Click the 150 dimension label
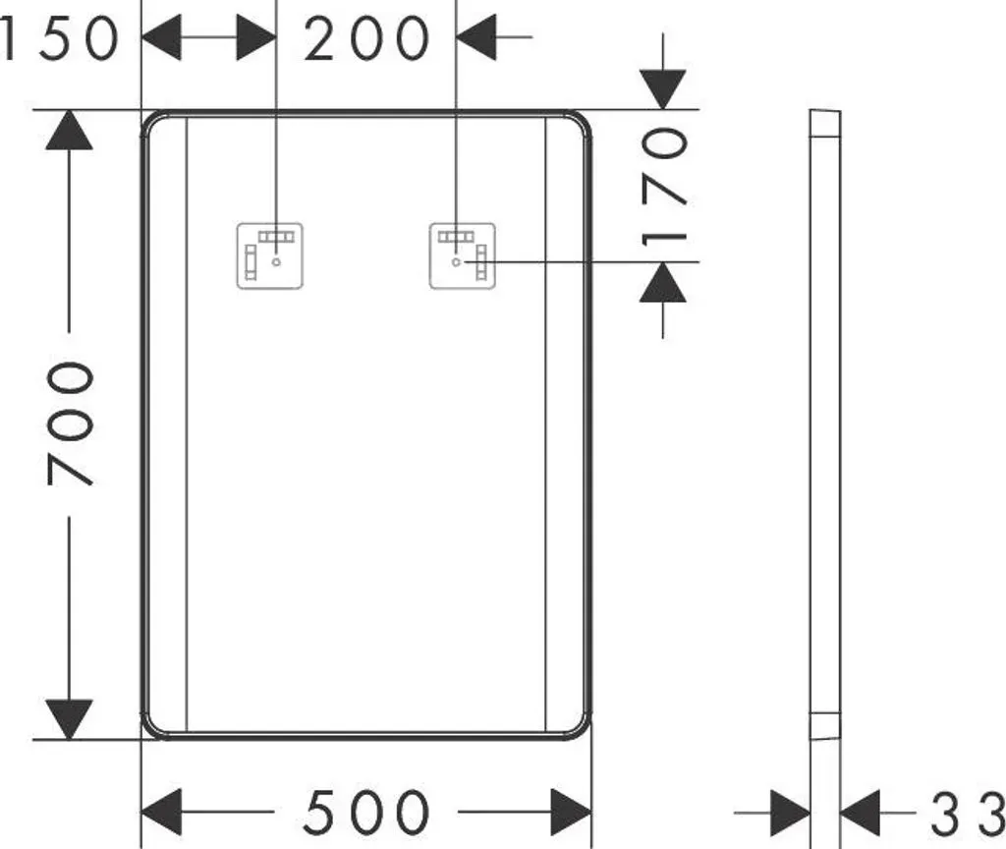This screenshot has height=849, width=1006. click(x=60, y=39)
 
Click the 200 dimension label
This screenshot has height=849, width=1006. click(x=366, y=39)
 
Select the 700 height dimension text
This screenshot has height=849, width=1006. click(x=71, y=424)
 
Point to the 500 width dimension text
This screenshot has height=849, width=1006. click(x=366, y=813)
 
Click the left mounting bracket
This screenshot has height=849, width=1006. click(x=270, y=256)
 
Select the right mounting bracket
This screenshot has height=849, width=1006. click(x=463, y=256)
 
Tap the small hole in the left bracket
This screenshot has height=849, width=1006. click(x=276, y=261)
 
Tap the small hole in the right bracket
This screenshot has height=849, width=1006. click(x=456, y=261)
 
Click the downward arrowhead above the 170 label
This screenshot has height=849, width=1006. click(x=663, y=89)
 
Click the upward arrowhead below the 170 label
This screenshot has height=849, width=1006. click(x=663, y=282)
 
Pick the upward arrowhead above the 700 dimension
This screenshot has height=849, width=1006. click(x=70, y=131)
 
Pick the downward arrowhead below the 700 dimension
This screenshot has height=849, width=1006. click(x=70, y=719)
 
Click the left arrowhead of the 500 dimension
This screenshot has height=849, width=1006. click(x=161, y=813)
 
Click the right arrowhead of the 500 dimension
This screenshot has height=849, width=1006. click(x=571, y=813)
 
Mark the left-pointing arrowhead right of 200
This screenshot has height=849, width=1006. click(x=476, y=37)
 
